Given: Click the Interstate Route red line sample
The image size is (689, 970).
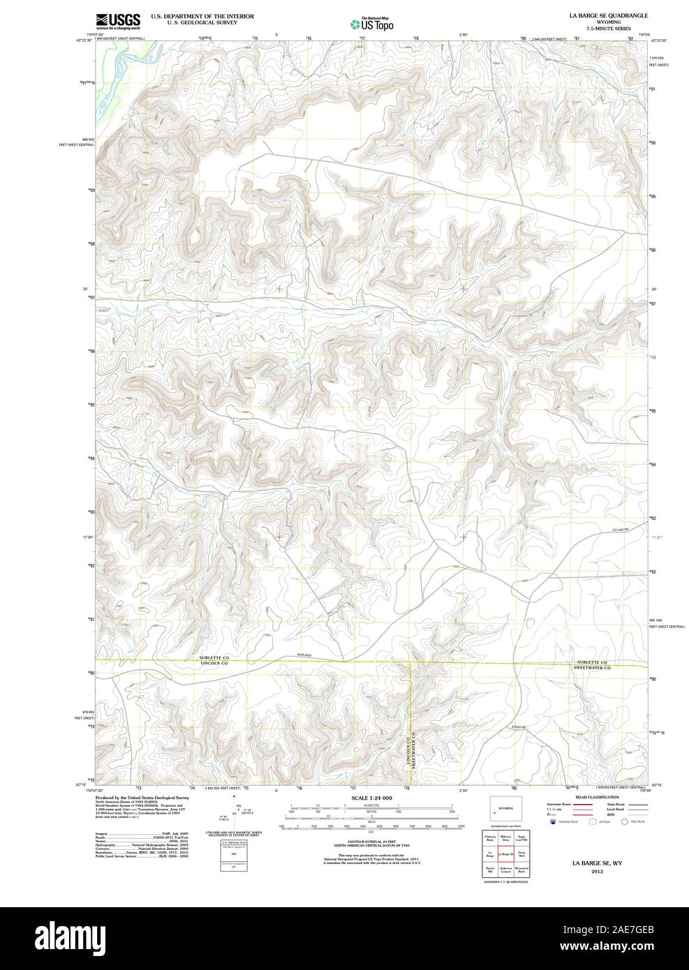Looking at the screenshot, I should click(x=584, y=805).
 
